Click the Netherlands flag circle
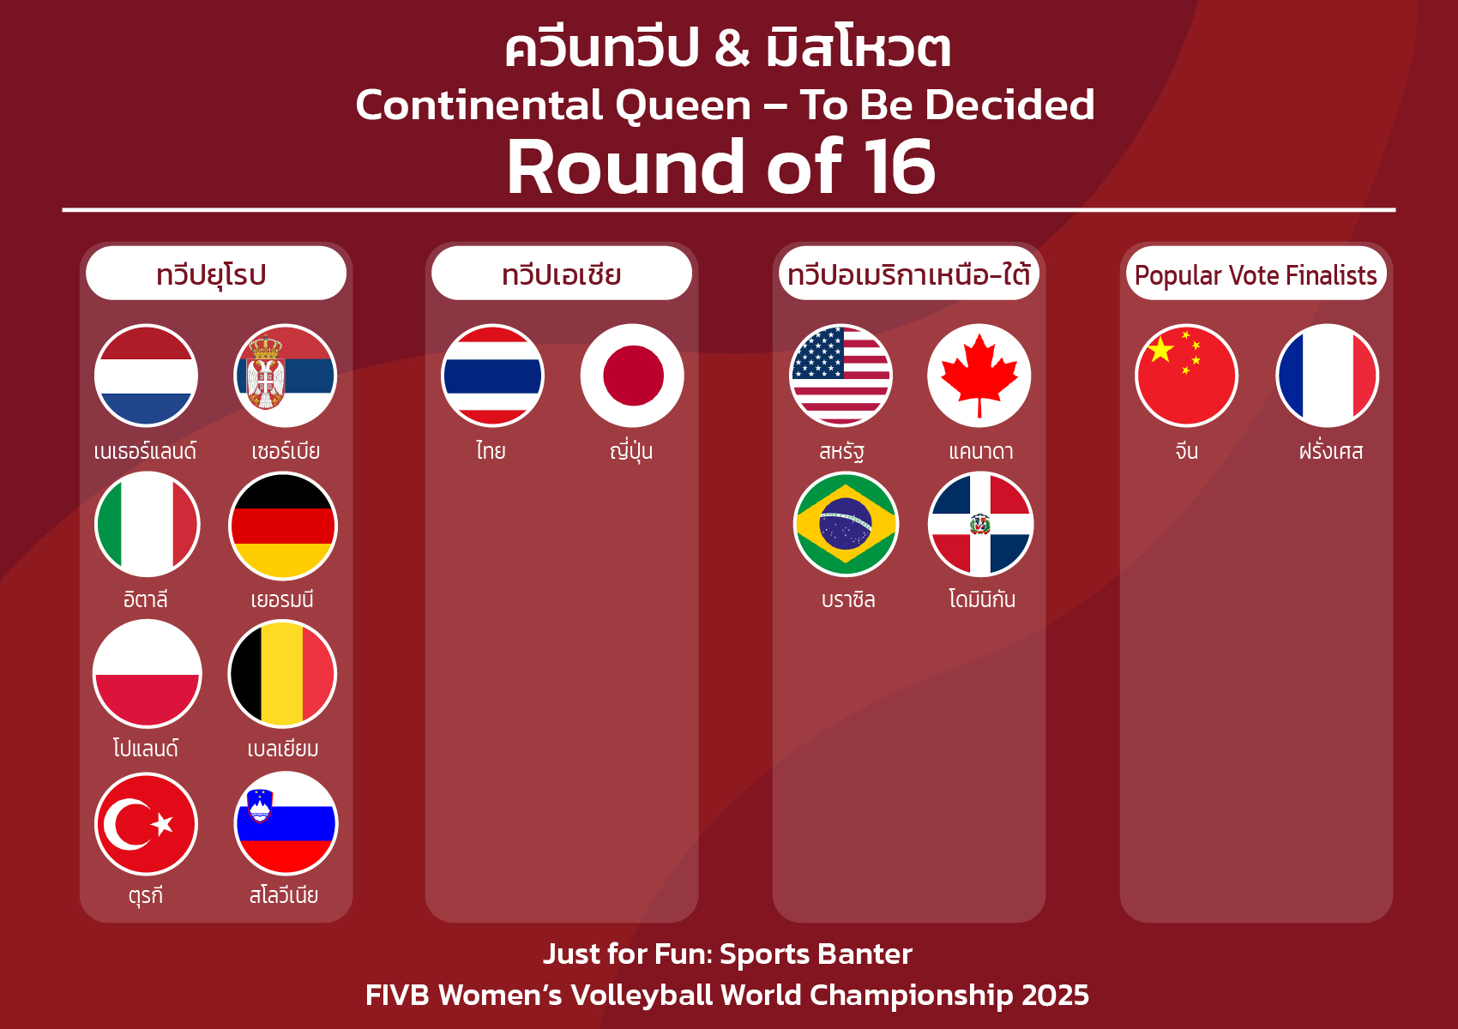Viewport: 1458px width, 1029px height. click(146, 376)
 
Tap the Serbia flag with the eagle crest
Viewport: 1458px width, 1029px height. click(285, 376)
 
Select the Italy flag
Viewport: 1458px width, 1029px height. click(148, 524)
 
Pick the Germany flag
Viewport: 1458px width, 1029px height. click(283, 526)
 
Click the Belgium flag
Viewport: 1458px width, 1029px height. click(282, 674)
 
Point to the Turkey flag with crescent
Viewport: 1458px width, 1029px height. click(146, 824)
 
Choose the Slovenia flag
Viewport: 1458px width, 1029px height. click(286, 823)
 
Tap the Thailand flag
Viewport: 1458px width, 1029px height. click(493, 376)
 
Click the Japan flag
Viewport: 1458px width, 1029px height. click(632, 376)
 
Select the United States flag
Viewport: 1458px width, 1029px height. click(841, 376)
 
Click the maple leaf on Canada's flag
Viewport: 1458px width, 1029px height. click(979, 376)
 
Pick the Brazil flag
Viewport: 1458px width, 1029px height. click(846, 525)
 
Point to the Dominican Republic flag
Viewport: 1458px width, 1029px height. click(980, 525)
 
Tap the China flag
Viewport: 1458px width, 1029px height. click(1187, 376)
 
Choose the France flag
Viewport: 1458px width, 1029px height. click(1328, 376)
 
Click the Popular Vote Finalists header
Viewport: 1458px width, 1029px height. click(1256, 274)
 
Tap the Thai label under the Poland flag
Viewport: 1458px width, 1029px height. click(146, 748)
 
